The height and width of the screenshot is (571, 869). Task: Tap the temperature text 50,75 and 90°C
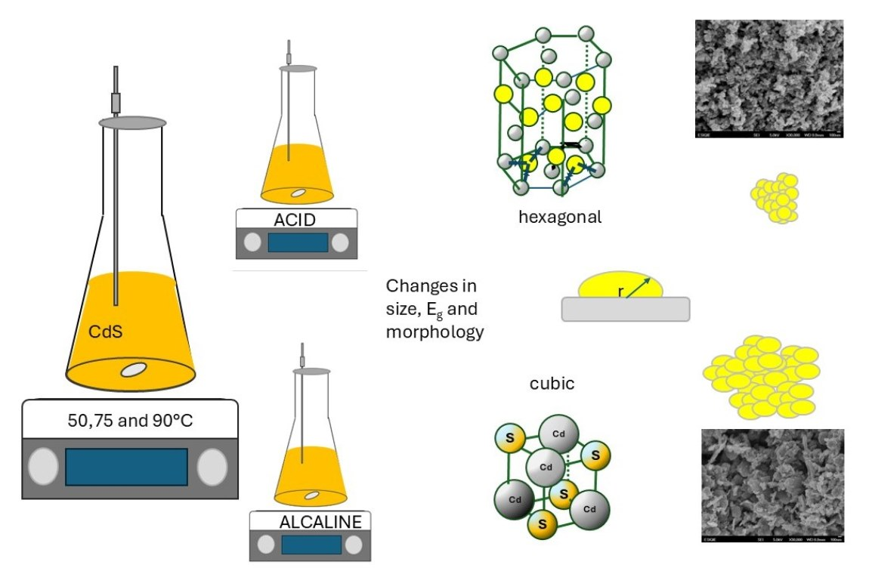(129, 420)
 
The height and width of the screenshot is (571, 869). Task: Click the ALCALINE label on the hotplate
(320, 522)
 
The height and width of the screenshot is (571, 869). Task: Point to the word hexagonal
(560, 218)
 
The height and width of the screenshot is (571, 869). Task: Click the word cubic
(552, 384)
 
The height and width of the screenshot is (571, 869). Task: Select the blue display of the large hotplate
(126, 467)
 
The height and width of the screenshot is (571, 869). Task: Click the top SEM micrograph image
(768, 79)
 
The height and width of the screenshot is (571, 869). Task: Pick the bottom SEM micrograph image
(772, 486)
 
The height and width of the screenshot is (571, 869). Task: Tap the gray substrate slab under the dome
(625, 309)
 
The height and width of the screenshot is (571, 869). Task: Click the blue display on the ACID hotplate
(298, 242)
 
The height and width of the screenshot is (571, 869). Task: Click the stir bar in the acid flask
(298, 193)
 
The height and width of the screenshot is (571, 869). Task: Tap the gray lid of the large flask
(132, 122)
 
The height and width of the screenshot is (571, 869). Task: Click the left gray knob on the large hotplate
(43, 467)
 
